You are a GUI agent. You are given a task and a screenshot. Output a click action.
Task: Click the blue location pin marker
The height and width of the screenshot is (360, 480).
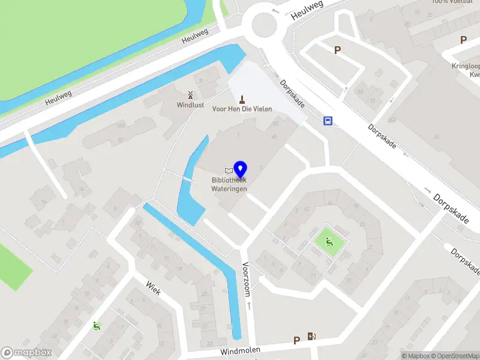tap(241, 169)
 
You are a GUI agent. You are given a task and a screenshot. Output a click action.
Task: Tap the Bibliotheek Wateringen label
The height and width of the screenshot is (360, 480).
tap(229, 184)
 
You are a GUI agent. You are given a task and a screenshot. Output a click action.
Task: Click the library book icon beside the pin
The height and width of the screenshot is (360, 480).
tap(229, 170)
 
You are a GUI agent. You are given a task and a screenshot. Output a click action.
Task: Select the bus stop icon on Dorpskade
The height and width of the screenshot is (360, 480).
tap(328, 121)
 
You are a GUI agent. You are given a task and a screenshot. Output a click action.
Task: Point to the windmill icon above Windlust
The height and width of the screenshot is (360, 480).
tap(190, 95)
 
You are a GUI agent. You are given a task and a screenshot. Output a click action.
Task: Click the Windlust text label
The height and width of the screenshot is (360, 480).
tap(190, 104)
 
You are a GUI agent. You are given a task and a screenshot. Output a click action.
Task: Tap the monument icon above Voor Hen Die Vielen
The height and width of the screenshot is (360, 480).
tap(242, 98)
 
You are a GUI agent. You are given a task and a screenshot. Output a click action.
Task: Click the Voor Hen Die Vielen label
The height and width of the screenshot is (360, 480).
tap(242, 109)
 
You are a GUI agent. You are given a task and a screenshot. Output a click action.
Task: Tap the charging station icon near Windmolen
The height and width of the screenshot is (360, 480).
tap(311, 337)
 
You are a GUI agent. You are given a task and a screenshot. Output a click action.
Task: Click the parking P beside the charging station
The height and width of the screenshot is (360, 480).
tap(296, 340)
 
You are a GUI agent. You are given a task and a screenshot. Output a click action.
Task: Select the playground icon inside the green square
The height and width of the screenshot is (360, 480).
tap(329, 242)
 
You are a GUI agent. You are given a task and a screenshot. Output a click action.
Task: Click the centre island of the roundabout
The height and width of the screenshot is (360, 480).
tap(265, 25)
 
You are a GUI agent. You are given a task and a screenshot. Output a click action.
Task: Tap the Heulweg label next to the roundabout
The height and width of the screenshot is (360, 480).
tap(307, 10)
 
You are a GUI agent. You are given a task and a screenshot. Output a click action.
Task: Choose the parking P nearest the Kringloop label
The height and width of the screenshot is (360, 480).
tap(463, 40)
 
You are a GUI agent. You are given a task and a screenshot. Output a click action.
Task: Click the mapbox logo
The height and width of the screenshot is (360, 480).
tap(26, 353)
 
